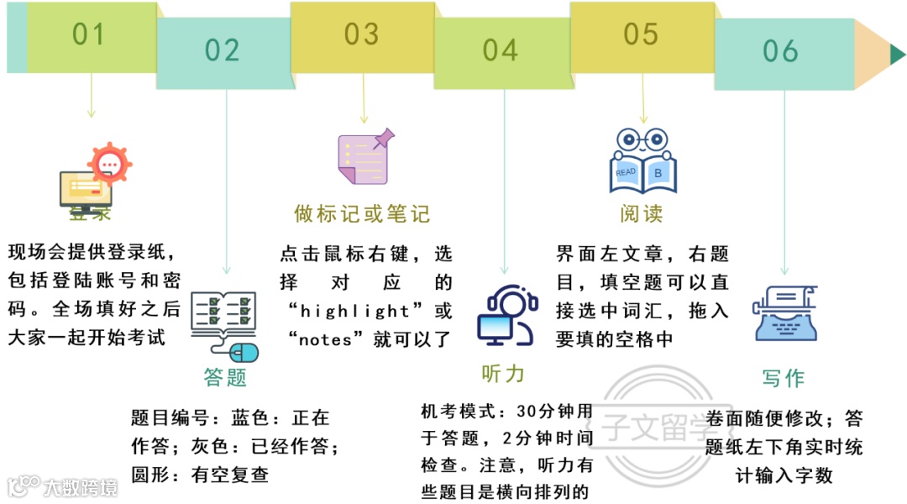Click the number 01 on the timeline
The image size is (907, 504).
tap(88, 34)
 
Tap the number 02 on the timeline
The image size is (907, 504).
tap(223, 50)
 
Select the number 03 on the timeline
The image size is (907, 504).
tap(362, 34)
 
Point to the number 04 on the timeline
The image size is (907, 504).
tap(501, 50)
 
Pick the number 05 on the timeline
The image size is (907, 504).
tap(641, 34)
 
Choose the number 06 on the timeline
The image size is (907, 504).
tap(780, 51)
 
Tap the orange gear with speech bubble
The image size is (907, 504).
tap(110, 163)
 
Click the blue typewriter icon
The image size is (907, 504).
tap(785, 312)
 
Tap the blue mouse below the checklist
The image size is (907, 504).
tap(244, 350)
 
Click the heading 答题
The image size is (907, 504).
tap(225, 377)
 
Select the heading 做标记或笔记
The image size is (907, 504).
tap(362, 214)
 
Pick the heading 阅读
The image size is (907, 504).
tap(642, 214)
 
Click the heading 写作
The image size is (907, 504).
tap(783, 378)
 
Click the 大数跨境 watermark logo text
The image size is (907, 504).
tap(80, 486)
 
